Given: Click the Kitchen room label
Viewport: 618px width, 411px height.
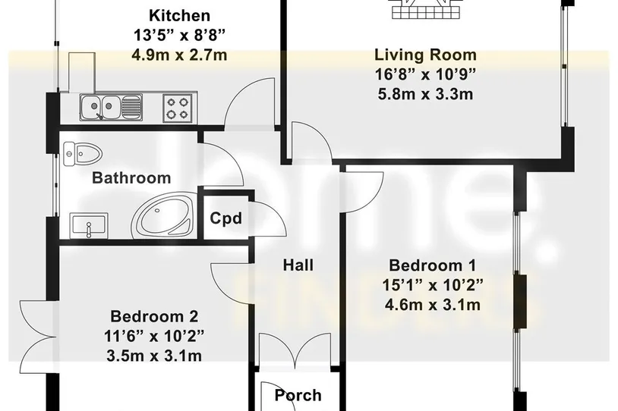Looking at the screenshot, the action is click(179, 16).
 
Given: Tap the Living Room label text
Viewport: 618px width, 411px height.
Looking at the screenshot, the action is click(425, 55).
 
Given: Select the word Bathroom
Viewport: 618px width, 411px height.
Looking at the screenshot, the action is click(131, 178).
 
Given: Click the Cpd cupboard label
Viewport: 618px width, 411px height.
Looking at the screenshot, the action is click(225, 218).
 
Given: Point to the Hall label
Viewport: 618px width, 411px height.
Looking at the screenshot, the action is click(298, 265).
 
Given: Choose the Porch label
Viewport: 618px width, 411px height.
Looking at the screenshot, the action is click(298, 395).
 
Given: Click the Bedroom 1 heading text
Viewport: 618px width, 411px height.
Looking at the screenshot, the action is click(432, 265).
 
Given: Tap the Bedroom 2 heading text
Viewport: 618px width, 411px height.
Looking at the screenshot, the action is click(154, 316).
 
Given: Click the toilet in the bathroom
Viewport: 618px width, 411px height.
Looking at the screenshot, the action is click(82, 152).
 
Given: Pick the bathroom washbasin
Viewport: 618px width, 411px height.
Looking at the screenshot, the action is click(89, 225).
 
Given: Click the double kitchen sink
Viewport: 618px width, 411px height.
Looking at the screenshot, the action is click(110, 107).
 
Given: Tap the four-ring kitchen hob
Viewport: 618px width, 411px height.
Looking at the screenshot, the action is click(178, 108).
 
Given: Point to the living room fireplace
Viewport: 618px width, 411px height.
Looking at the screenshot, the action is click(426, 9).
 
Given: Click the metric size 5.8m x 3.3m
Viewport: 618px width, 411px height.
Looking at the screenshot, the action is click(425, 95).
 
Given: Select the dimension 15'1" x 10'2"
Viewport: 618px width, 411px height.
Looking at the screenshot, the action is click(432, 284).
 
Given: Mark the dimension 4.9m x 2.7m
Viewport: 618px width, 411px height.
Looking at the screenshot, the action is click(179, 55).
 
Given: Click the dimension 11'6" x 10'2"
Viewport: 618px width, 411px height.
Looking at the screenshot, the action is click(154, 336).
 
